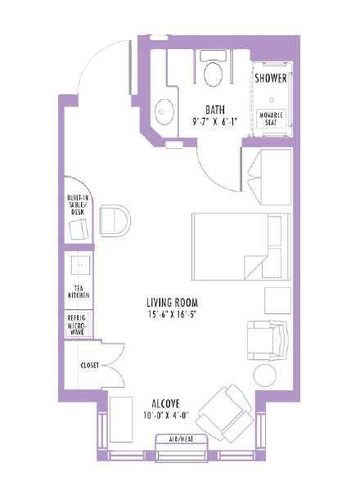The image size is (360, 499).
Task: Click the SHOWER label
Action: point(270,79)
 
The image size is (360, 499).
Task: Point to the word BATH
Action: point(215,109)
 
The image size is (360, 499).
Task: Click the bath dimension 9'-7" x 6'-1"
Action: point(215,121)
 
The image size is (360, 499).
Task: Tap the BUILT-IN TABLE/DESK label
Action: point(77,205)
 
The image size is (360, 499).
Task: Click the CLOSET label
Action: point(90,365)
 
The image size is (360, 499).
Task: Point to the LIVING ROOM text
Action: point(173,301)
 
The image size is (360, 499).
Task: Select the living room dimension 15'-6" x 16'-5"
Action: point(173,314)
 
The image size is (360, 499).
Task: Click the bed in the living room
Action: point(241,244)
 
